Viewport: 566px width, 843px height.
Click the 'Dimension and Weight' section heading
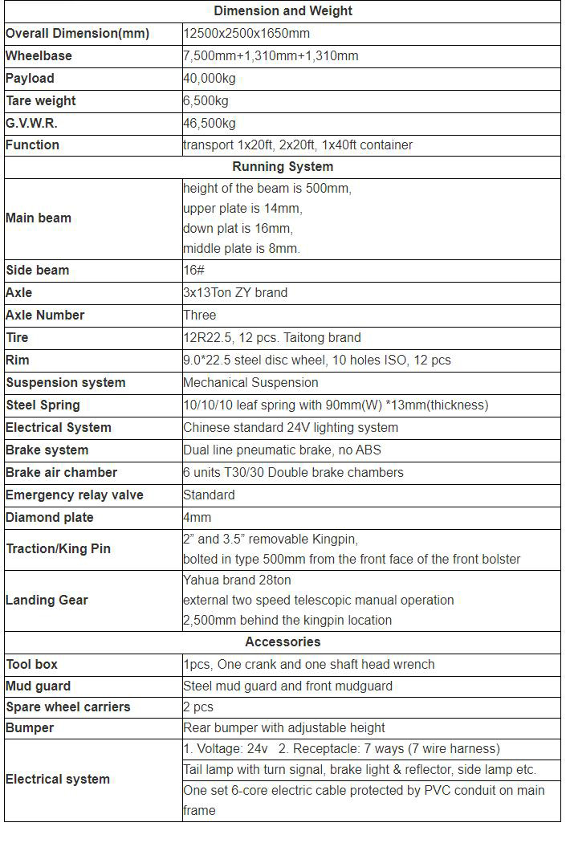[x=283, y=11]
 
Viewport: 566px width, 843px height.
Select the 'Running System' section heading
[x=283, y=167]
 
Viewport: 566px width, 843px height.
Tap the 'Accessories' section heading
[x=283, y=641]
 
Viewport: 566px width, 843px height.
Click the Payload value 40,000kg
[x=210, y=79]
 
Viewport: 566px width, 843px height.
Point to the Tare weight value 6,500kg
[x=206, y=101]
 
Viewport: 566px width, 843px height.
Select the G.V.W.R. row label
[x=31, y=124]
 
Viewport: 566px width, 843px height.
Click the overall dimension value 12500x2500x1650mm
[x=246, y=34]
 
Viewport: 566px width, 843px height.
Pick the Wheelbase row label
[x=39, y=56]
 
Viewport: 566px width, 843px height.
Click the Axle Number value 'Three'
[x=200, y=316]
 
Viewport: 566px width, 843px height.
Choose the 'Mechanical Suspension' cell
[x=250, y=383]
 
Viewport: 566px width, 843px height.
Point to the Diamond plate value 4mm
[x=197, y=518]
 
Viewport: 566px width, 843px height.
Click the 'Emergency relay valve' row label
[x=75, y=495]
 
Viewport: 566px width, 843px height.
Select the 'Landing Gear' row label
[x=47, y=600]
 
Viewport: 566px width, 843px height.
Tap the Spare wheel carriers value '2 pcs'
[x=198, y=707]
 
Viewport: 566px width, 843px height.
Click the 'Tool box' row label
[x=32, y=665]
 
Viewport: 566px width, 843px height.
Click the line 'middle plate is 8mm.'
[x=242, y=249]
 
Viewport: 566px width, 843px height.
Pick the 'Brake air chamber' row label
[x=62, y=473]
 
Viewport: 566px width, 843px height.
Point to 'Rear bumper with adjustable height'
[x=284, y=728]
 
